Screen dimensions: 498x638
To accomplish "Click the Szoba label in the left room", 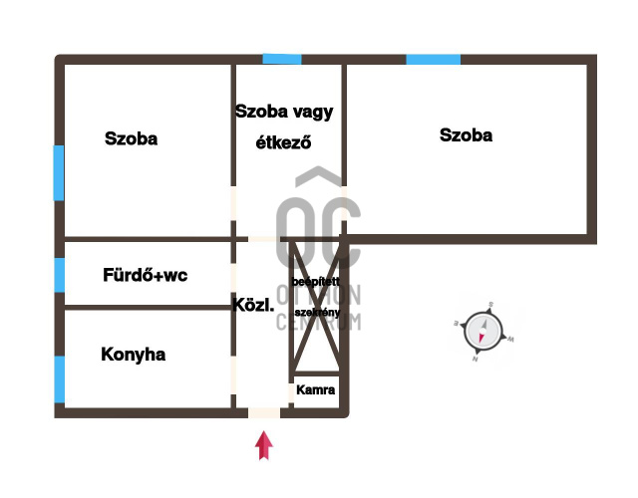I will coord(131,139).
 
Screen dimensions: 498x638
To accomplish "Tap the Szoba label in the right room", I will coord(466,135).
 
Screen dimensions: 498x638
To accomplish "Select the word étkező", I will coord(284,142).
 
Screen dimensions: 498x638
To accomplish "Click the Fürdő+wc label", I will coord(146,274).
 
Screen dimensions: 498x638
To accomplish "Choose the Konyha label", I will coord(133,354).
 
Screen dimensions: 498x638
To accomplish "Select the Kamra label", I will coord(316,389).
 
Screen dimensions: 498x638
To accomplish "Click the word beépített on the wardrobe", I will coord(315,283).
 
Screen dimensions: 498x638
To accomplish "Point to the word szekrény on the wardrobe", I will coord(315,312).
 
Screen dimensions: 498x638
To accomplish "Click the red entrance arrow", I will coord(264,445).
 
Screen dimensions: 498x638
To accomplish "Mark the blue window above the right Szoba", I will coord(433,60).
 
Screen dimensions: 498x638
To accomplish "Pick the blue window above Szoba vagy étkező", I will coord(281,60).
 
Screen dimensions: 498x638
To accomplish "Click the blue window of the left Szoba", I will coord(59,172).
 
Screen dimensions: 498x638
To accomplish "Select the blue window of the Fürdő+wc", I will coord(59,274).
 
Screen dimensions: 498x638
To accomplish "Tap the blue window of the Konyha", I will coord(59,378).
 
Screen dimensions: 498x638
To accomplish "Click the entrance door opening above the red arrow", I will coord(264,412).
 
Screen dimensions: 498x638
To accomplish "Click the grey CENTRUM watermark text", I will coord(318,321).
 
